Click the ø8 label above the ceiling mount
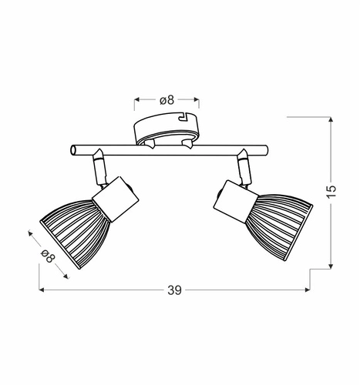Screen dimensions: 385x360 [167, 99]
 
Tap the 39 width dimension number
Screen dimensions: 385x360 [175, 290]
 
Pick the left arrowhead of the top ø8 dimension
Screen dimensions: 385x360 [137, 99]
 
